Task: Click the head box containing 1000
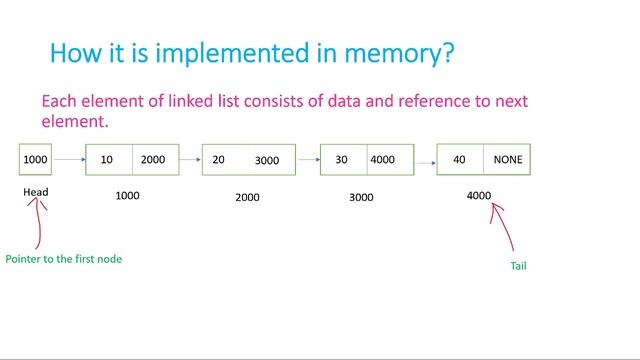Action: coord(35,160)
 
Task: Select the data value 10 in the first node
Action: coord(107,160)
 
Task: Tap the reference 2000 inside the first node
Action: coord(153,160)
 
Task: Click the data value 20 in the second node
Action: coord(219,160)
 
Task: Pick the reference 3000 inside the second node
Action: coord(267,161)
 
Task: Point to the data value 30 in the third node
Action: coord(342,160)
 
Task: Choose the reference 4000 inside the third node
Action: coord(382,160)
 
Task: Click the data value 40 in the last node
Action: coord(459,160)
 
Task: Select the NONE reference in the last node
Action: coord(507,160)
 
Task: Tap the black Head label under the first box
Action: coord(36,192)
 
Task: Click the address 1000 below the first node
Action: coord(127,196)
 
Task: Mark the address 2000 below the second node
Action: coord(247,197)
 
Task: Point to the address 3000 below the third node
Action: coord(361,197)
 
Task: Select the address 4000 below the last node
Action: coord(479,196)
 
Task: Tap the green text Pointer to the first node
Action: coord(64,259)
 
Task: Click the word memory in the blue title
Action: coord(397,53)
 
